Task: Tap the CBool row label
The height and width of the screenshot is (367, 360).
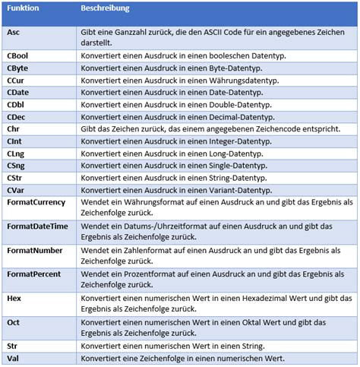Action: click(18, 55)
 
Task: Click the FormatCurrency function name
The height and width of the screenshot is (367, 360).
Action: click(36, 201)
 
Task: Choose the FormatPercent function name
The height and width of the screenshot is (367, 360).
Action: click(35, 273)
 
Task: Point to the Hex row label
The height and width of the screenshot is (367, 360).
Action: click(14, 298)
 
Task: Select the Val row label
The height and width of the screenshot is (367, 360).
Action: click(13, 358)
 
